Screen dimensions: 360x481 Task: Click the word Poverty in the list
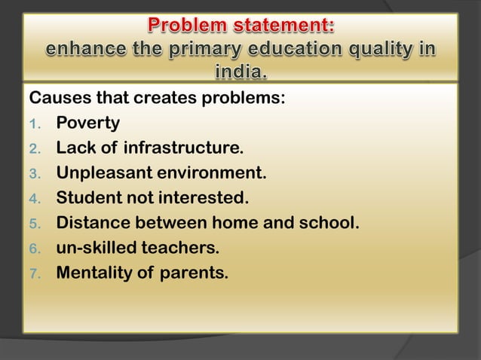pos(87,123)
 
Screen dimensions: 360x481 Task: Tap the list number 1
pos(34,124)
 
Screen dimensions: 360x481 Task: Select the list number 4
pos(34,199)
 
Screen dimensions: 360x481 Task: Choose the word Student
pos(92,198)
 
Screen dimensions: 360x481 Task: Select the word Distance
pos(95,223)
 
